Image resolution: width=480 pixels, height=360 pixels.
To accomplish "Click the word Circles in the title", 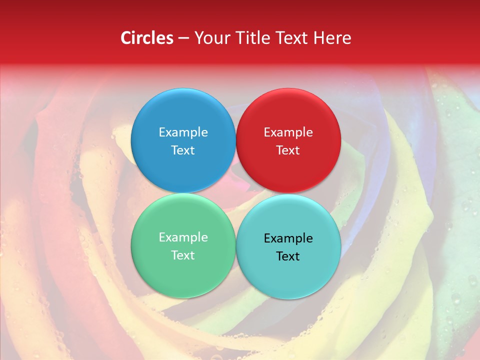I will coord(147,38).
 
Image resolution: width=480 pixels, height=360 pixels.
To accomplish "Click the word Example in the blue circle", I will coord(183,132).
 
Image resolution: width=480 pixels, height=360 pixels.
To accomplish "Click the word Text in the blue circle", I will coord(183,150).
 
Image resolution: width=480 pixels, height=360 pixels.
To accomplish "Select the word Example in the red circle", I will coord(288,132).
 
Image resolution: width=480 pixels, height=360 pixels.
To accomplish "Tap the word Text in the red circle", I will coord(288,150).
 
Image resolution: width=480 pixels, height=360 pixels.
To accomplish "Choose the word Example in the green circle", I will coord(183,237).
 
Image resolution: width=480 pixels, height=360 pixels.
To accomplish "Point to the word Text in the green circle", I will coord(183,255).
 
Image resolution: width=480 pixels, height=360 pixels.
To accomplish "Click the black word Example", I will coord(288,238).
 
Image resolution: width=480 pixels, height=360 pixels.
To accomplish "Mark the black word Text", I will coord(288,256).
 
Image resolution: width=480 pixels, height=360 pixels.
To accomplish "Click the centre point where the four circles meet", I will coord(235,193).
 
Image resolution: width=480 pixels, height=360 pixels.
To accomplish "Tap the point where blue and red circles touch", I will coord(235,140).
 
